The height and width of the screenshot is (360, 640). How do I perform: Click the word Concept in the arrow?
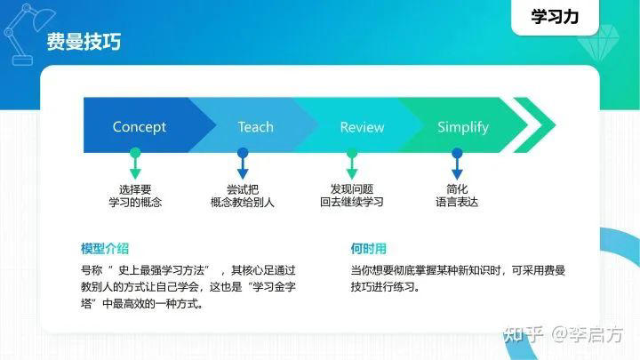(x=139, y=127)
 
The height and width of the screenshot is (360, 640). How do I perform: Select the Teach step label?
(x=255, y=127)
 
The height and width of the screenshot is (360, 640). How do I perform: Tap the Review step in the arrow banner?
(x=362, y=127)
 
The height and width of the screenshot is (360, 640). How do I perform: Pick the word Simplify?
(x=462, y=127)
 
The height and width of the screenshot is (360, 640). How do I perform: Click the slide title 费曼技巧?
(x=84, y=42)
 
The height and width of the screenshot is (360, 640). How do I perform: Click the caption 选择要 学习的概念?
(x=135, y=196)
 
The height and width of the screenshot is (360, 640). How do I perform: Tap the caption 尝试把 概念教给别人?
(x=243, y=196)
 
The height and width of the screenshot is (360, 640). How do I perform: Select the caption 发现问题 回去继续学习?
(x=351, y=196)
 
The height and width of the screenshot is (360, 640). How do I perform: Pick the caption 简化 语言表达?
(x=457, y=196)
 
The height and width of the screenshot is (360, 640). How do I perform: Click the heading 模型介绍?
(x=104, y=248)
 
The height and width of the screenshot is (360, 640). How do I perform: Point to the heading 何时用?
(x=368, y=248)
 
